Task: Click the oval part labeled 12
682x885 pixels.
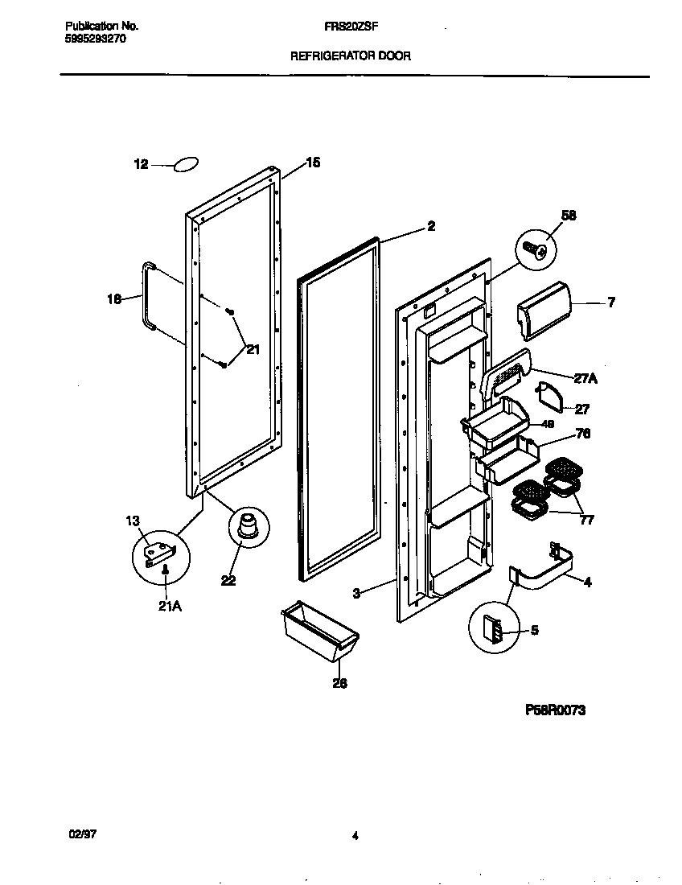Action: (185, 165)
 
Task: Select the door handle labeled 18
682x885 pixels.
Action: (147, 295)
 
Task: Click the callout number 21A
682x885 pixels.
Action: (170, 607)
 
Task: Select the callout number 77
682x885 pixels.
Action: (586, 520)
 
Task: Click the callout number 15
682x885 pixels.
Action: (312, 163)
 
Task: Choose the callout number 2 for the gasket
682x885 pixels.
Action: (431, 227)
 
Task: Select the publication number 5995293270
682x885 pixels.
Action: (94, 38)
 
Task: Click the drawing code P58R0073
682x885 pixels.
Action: (555, 710)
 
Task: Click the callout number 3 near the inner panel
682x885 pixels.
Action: (355, 594)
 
